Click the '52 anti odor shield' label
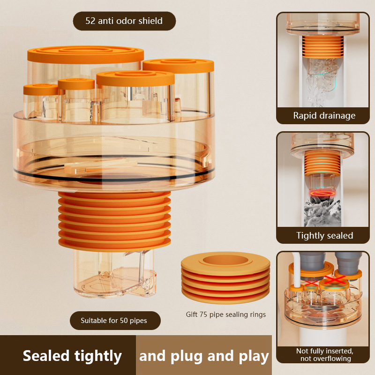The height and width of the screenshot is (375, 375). click(x=124, y=21)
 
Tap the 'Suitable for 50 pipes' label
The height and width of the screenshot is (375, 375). click(x=114, y=321)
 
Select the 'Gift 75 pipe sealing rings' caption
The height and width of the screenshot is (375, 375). click(x=226, y=315)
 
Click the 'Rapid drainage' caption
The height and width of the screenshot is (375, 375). click(x=324, y=116)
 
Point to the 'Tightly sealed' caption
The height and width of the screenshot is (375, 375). click(x=325, y=236)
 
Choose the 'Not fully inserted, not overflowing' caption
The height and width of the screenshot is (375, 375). click(x=325, y=355)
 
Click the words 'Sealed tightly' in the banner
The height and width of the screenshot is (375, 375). click(x=72, y=356)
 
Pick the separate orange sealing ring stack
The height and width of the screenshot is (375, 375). click(x=225, y=277)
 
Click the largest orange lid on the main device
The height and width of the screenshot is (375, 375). click(x=86, y=54)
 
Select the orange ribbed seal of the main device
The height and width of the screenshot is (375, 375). click(x=114, y=221)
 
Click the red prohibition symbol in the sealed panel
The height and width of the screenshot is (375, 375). click(x=322, y=193)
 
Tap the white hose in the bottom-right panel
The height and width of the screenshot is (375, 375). click(x=297, y=270)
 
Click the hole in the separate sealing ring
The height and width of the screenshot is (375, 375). click(x=226, y=260)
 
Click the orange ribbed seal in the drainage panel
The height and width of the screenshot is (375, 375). click(x=322, y=46)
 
